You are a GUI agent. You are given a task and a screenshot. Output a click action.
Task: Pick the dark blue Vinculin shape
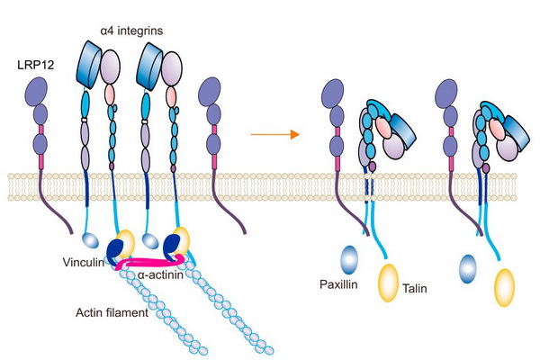tap(115, 250)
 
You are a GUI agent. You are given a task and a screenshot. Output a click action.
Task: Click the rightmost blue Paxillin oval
tap(467, 268)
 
